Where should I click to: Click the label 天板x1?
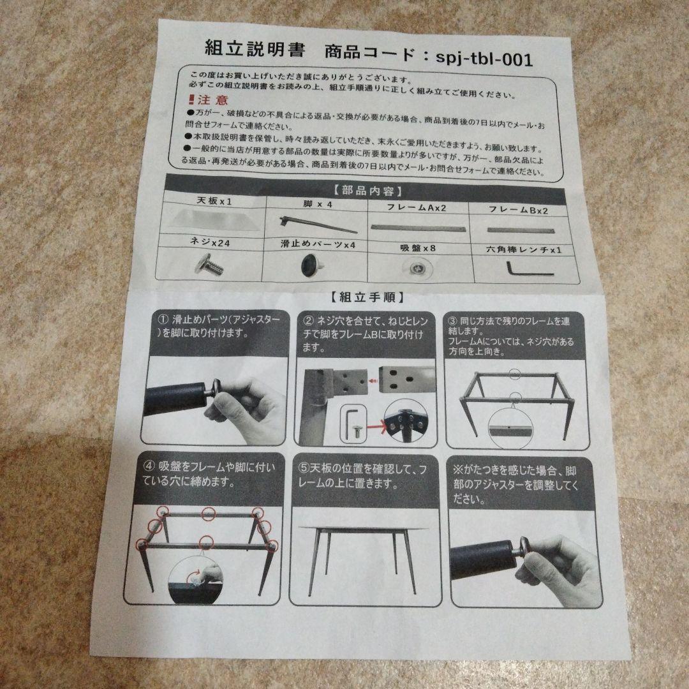pyautogui.click(x=214, y=201)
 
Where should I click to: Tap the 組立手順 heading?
pyautogui.click(x=366, y=297)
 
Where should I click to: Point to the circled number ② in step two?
pyautogui.click(x=309, y=320)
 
